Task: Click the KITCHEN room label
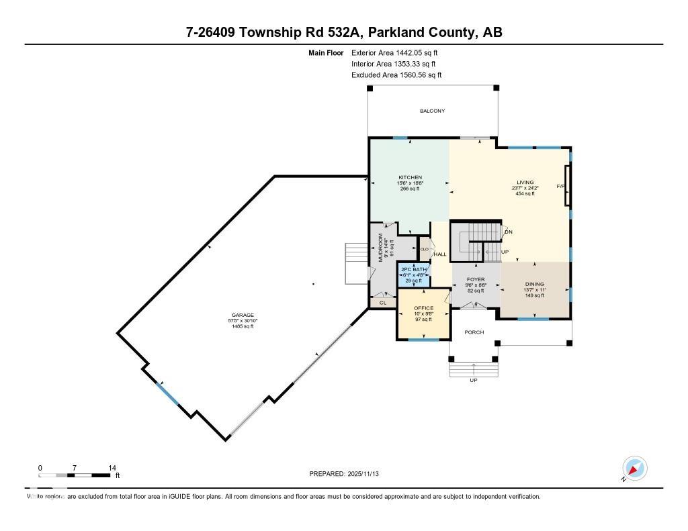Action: click(x=409, y=177)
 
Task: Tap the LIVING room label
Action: click(x=525, y=182)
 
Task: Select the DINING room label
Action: click(x=535, y=284)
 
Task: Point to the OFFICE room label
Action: click(x=423, y=308)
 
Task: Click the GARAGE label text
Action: click(x=243, y=315)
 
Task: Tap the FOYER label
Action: click(x=476, y=279)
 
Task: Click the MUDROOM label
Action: click(x=380, y=249)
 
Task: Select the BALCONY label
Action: click(x=432, y=111)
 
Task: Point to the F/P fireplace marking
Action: click(x=559, y=186)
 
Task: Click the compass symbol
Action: click(x=634, y=468)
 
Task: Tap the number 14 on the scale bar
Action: click(x=112, y=468)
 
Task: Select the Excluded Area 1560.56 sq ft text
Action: click(x=396, y=75)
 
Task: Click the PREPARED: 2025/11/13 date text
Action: click(x=348, y=474)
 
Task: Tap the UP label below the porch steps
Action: click(x=474, y=381)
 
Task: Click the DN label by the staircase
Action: click(x=509, y=232)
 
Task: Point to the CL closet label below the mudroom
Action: click(x=383, y=303)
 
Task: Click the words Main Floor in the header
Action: click(x=326, y=52)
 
